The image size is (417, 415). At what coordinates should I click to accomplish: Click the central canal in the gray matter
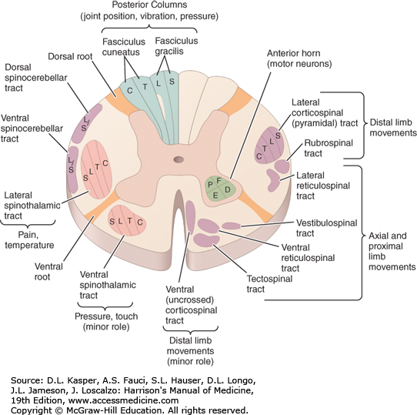pos(178,159)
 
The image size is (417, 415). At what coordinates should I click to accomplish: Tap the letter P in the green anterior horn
pos(210,185)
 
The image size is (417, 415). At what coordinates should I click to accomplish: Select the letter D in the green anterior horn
pos(228,189)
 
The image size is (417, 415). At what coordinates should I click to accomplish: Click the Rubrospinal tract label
pos(329,148)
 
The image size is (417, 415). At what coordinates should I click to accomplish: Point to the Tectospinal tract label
pos(269,284)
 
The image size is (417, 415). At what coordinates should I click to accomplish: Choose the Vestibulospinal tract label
pos(326,228)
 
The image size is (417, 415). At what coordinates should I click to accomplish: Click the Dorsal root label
pos(70,56)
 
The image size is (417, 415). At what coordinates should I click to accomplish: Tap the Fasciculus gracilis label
pos(176,45)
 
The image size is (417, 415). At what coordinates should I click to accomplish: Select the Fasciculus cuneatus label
pos(124,47)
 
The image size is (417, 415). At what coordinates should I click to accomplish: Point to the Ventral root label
pos(48,272)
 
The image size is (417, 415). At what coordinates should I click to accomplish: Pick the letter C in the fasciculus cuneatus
pos(129,91)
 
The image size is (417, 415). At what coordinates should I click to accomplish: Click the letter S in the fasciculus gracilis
pos(172,82)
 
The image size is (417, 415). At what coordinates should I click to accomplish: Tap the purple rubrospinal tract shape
pos(282,166)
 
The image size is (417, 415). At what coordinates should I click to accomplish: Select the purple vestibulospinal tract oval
pos(232,226)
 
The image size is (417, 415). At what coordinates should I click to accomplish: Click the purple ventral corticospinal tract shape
pos(190,217)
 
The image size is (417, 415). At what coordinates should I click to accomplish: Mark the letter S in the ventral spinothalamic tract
pos(112,222)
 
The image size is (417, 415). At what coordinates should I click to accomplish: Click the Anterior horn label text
pos(299,59)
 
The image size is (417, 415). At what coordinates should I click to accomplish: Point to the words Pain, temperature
pos(29,240)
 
